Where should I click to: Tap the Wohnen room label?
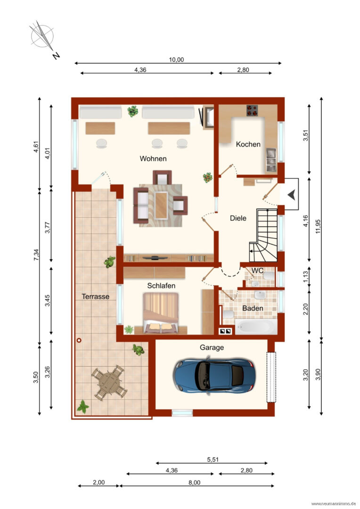pos(153,159)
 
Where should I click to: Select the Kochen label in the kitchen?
pos(248,144)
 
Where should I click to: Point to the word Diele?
pos(238,218)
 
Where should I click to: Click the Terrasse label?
pos(95,296)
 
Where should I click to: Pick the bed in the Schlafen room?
pos(161,313)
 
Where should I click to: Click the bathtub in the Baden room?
pos(256,327)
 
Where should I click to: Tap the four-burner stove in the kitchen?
pos(252,110)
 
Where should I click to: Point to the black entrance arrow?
pos(291,195)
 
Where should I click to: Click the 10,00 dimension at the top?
pos(176,60)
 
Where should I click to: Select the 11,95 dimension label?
pos(318,226)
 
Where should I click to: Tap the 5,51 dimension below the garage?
pos(213,460)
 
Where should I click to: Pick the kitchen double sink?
pos(271,159)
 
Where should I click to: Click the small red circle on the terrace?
pos(79,340)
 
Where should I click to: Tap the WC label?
pos(257,271)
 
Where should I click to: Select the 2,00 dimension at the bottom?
pos(98,483)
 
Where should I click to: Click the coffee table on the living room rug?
pos(161,205)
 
